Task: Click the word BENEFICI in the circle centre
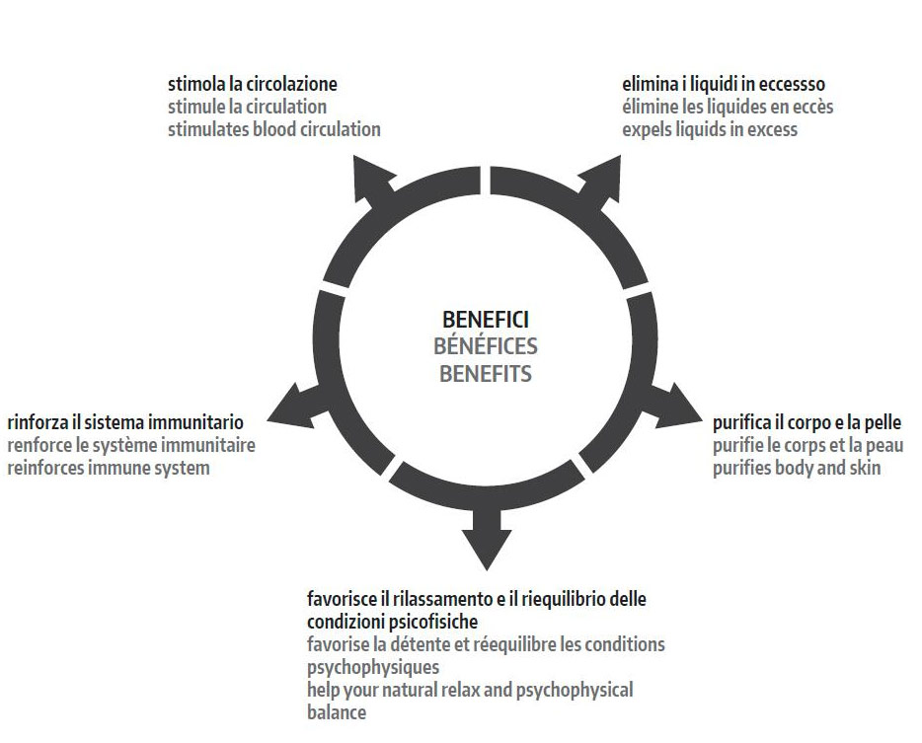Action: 486,320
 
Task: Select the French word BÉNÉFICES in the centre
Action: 486,346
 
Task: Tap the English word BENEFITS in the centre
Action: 486,374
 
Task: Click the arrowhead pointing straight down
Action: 487,545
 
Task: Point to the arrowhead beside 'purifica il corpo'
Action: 681,406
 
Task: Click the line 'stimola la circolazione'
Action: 253,84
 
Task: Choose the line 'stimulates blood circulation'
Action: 273,129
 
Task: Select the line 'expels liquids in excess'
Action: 710,129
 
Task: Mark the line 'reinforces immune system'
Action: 109,468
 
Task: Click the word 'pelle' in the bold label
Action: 881,422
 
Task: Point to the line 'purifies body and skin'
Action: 797,468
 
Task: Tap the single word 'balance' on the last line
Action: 336,712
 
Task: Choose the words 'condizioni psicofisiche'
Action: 392,622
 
